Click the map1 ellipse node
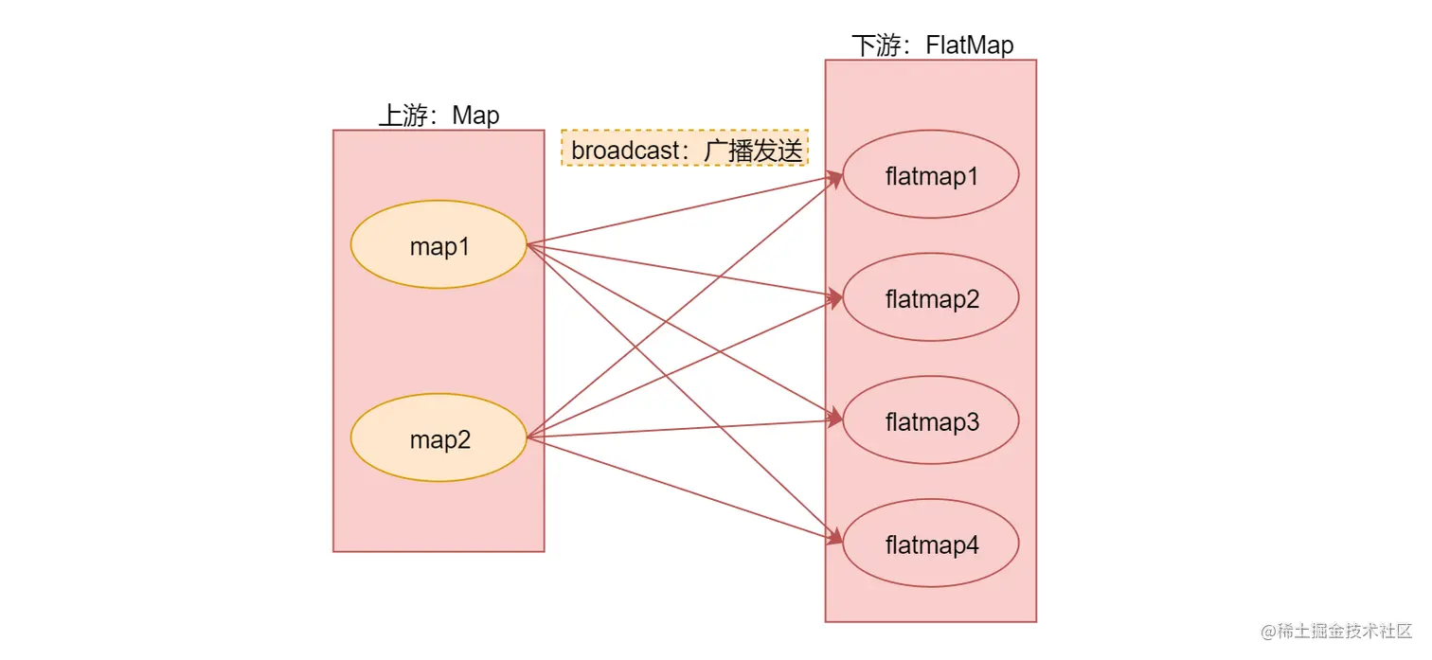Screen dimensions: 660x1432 point(439,245)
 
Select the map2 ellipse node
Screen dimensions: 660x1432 point(439,438)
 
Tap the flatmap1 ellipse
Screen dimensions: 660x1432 point(931,175)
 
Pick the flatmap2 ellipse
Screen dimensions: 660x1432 point(931,298)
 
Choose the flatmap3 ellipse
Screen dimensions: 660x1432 point(931,421)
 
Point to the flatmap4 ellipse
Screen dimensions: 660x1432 point(931,544)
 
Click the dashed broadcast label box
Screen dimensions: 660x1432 point(685,149)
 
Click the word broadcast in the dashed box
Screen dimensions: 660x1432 point(626,150)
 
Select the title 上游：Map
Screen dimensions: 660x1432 point(439,116)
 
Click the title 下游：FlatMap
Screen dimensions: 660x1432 point(932,45)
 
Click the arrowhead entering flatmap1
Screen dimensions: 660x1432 point(836,176)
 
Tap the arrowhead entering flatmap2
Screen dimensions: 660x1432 point(836,298)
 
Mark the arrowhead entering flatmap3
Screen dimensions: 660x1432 point(836,420)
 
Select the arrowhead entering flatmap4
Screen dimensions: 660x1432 point(836,542)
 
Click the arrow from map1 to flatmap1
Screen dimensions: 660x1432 point(682,210)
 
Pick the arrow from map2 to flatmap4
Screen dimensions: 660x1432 point(682,489)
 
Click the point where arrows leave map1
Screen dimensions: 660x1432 point(528,245)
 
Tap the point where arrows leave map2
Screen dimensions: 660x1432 point(528,437)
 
